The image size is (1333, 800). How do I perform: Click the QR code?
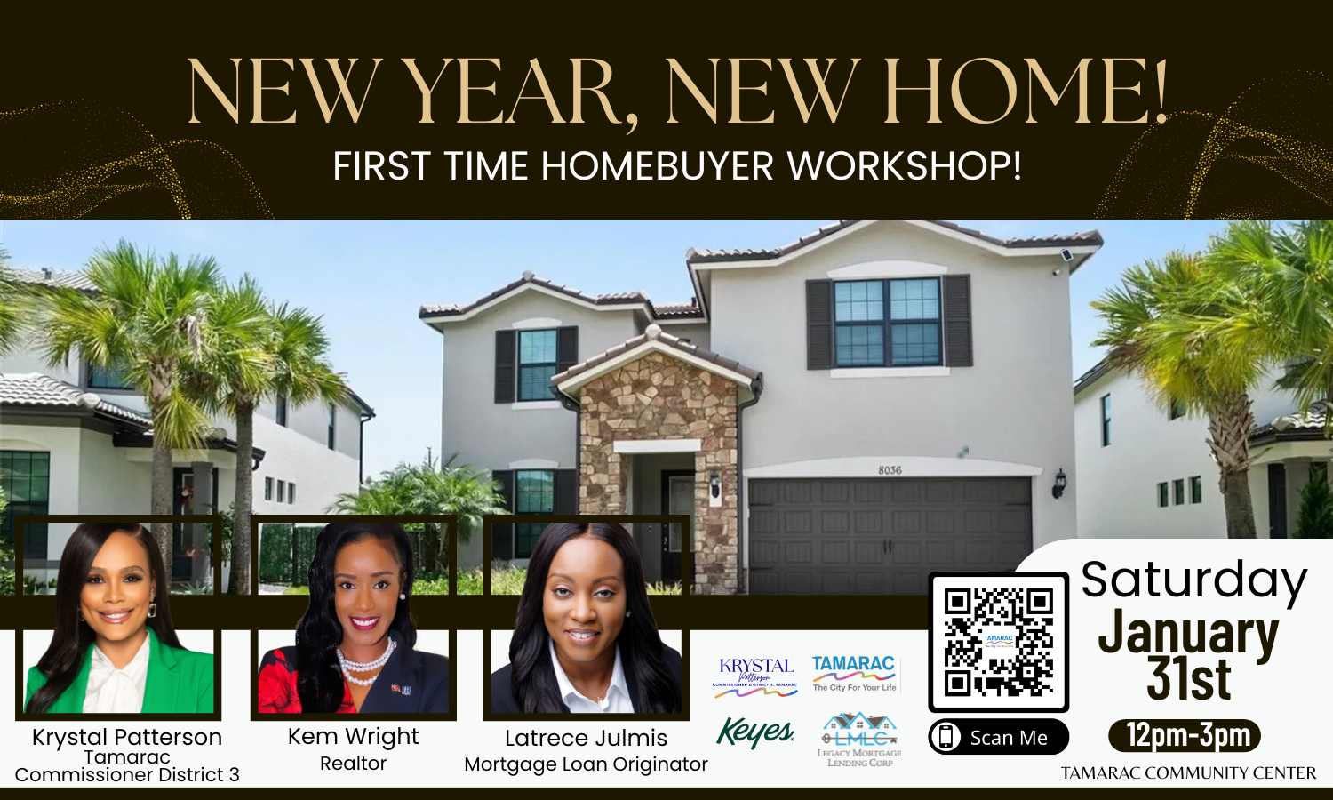pos(998,642)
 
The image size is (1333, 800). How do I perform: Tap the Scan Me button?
pos(998,737)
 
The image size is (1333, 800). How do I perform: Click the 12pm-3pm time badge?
pos(1185,736)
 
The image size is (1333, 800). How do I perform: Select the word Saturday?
pos(1193,580)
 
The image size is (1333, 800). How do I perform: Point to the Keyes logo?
pos(754,732)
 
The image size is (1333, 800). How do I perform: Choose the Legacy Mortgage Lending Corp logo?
pos(858,739)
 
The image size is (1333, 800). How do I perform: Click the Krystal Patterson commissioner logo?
pos(755,674)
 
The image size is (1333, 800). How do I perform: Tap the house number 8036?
pos(890,470)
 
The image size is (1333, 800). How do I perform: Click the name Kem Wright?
pos(353,737)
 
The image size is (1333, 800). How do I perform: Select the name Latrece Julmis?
pos(586,738)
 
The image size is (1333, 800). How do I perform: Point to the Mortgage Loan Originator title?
pos(586,764)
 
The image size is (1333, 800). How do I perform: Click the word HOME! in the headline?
pos(1026,92)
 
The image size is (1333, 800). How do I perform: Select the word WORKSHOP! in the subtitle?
pos(905,166)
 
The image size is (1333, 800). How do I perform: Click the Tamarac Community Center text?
pos(1188,773)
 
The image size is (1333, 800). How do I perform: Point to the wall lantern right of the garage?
pos(1058,483)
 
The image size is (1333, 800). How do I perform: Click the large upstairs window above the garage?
pos(887,323)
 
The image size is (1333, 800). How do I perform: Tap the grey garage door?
pos(889,533)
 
